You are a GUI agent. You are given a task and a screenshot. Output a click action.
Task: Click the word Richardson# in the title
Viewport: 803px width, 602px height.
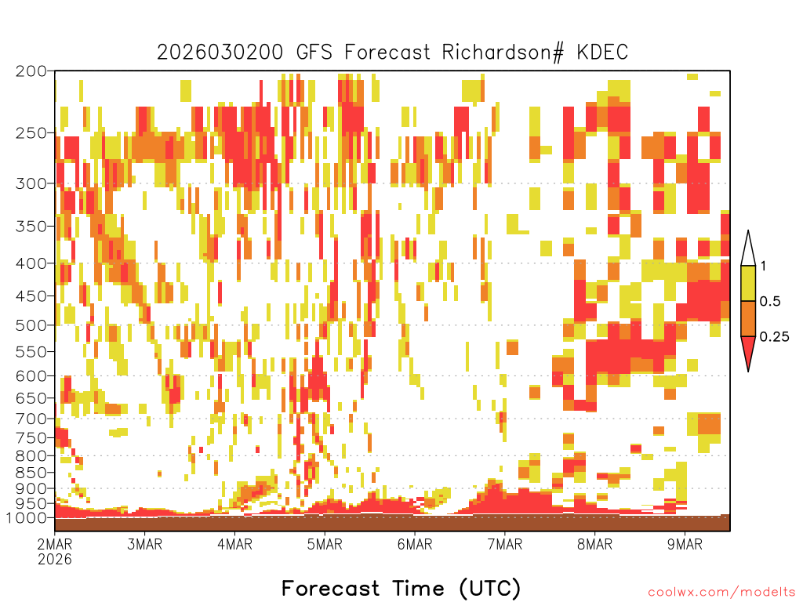tap(503, 53)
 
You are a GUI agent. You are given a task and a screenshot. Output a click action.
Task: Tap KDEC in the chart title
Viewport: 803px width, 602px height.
tap(603, 53)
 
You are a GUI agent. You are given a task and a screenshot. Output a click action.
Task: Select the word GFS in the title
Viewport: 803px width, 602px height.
tap(314, 53)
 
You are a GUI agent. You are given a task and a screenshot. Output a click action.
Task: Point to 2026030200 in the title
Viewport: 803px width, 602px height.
tap(220, 53)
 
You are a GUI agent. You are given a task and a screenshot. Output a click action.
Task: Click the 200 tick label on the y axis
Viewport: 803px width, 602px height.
tap(31, 71)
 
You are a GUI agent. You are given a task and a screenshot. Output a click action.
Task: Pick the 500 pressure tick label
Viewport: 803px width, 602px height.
tap(31, 325)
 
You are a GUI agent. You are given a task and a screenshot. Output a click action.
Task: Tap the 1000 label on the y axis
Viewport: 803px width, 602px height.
tap(26, 517)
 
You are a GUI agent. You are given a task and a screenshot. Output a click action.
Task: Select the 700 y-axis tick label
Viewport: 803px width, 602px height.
tap(31, 419)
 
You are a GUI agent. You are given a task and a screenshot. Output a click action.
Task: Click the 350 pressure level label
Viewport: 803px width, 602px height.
tap(31, 226)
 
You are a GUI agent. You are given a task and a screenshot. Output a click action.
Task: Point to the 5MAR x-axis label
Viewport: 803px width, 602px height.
tap(325, 544)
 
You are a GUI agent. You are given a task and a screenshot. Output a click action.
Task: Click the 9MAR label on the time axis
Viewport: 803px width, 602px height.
tap(685, 544)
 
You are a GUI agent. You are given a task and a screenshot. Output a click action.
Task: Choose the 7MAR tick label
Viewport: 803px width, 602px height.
tap(505, 544)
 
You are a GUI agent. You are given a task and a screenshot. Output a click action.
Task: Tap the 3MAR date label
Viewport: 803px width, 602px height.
tap(145, 544)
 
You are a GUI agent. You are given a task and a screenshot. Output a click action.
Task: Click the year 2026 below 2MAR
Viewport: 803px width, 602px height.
tap(55, 559)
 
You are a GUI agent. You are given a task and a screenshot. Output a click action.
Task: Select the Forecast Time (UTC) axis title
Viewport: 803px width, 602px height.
tap(401, 588)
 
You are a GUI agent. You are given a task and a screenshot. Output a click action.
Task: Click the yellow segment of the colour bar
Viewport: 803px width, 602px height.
tap(748, 283)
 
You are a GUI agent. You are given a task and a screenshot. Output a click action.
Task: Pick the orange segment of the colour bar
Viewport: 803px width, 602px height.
tap(748, 318)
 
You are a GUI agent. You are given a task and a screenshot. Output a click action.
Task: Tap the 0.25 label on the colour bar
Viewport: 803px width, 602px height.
tap(774, 337)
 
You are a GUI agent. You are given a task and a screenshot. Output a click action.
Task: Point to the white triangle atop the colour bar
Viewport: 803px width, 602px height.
tap(748, 248)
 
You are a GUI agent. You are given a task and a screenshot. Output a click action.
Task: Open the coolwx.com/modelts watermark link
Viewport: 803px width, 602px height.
tap(721, 593)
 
